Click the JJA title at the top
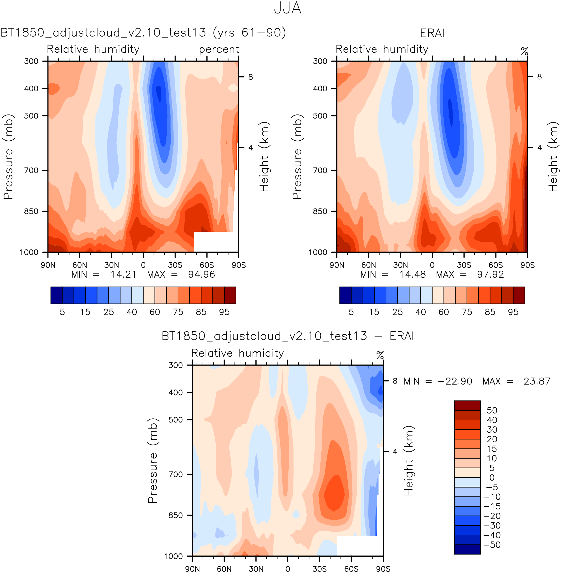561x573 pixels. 287,8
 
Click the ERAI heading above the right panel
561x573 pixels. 432,33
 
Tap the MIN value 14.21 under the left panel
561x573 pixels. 123,275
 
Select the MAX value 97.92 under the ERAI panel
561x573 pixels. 490,275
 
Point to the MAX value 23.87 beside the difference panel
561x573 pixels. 537,381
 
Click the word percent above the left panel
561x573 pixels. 219,49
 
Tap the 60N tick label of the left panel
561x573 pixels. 80,265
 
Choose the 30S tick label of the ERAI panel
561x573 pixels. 464,265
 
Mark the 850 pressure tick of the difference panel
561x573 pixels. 176,515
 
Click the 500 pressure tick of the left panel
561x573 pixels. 31,116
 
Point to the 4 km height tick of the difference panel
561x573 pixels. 395,451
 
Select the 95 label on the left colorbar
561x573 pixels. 224,312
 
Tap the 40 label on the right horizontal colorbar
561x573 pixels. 420,312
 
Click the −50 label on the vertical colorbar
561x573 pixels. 492,545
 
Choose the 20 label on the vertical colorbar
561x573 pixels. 492,439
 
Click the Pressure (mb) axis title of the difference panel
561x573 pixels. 153,461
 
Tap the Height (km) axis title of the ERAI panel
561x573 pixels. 553,157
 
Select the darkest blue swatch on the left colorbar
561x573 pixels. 56,295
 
